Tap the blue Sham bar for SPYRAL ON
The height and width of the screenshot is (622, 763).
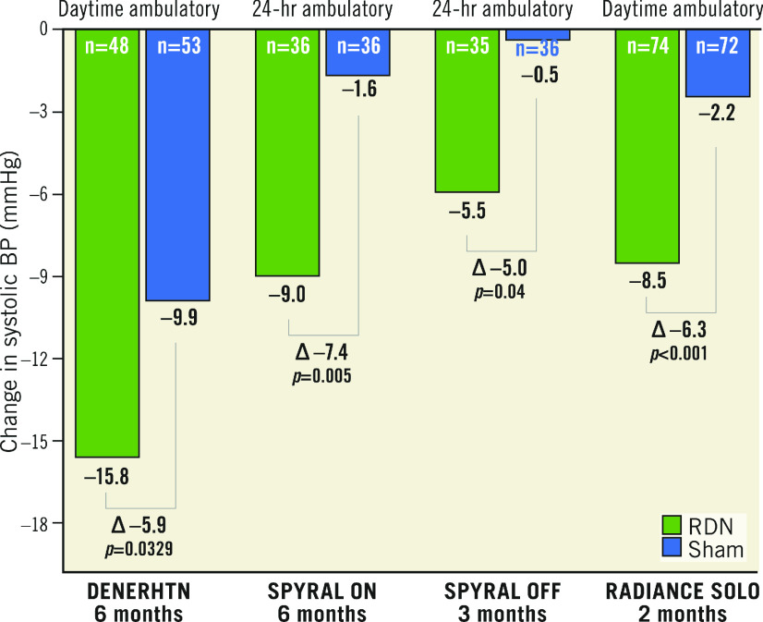point(357,55)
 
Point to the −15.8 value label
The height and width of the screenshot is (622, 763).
point(107,478)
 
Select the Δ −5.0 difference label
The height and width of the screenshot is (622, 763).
point(500,268)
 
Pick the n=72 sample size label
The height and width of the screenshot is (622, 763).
point(717,45)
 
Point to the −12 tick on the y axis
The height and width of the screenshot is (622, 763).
point(39,359)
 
